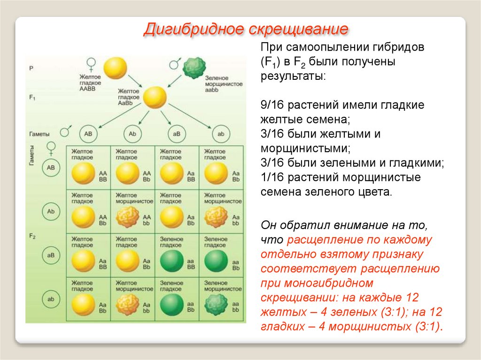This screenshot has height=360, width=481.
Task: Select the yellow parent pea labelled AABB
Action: click(x=115, y=67)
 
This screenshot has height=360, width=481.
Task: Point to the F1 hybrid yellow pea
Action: click(x=155, y=98)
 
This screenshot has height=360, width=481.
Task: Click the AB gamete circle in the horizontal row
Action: click(x=89, y=134)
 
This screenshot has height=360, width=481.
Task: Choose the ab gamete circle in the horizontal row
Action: click(x=221, y=134)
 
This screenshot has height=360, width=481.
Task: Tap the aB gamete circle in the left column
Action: click(x=51, y=255)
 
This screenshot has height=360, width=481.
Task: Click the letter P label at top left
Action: click(x=31, y=68)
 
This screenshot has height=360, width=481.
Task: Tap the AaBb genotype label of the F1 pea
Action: click(x=127, y=102)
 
